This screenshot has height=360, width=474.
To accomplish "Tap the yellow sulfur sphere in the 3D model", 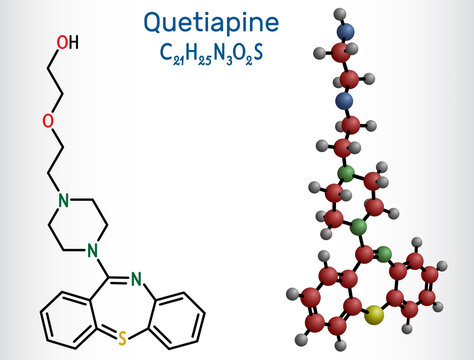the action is (376, 317).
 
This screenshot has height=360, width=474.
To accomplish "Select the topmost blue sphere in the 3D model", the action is (346, 32).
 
